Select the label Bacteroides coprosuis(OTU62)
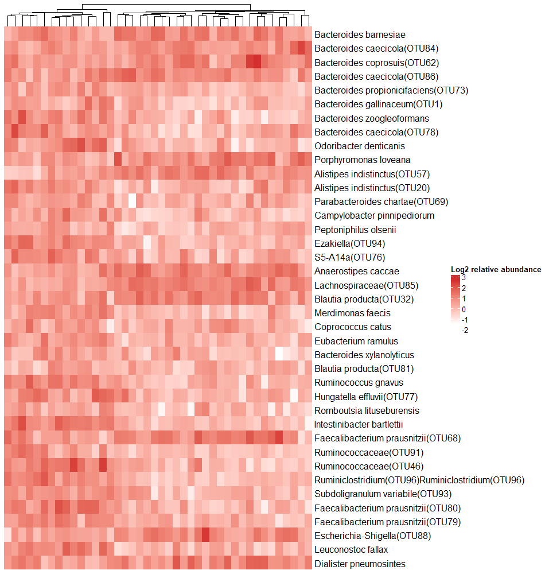376,63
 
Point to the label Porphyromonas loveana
362,160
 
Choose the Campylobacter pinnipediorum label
374,216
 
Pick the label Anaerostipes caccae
357,272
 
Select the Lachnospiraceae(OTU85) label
366,285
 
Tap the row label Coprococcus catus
353,327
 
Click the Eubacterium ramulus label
356,342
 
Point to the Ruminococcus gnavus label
359,383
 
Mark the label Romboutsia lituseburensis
367,411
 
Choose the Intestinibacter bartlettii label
359,425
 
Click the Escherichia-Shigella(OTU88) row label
372,536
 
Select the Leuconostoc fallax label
351,550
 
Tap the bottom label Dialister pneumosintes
360,564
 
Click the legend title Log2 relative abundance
496,269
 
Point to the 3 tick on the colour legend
464,278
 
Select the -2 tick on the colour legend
464,330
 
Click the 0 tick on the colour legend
464,309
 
